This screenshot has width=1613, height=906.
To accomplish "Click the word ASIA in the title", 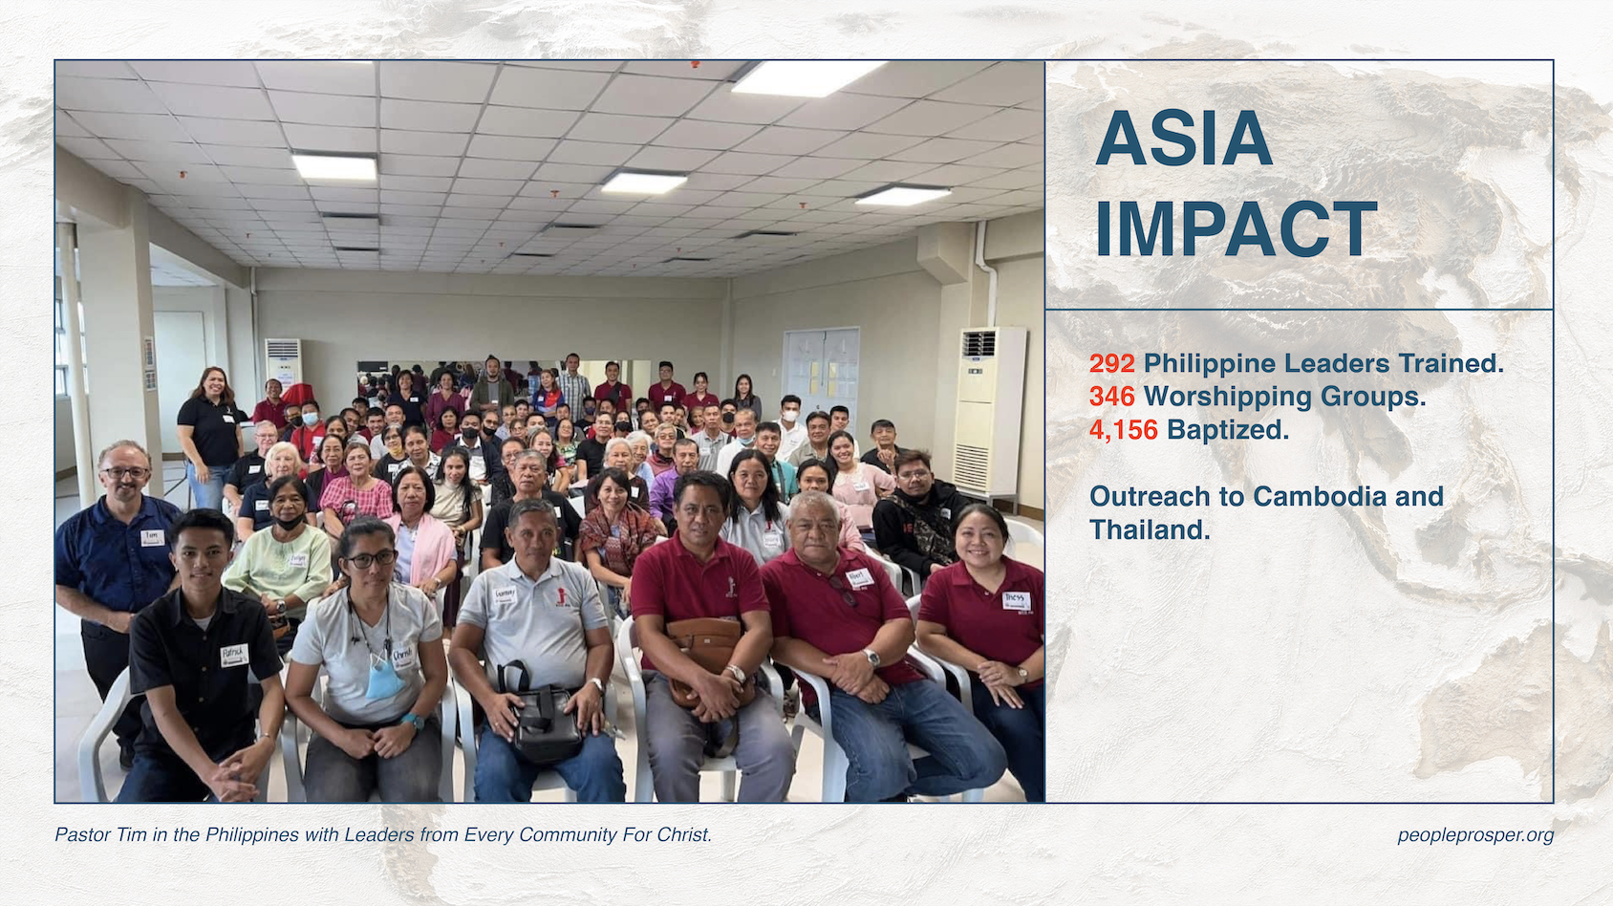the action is click(1183, 139).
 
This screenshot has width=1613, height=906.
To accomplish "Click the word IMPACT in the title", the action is click(1236, 228).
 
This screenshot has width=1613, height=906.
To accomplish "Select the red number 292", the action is click(1112, 364).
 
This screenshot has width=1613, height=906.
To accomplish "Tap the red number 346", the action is click(1112, 396).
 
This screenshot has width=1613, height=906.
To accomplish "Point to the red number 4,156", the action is click(1124, 430).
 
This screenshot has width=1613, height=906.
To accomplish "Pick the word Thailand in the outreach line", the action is click(1150, 530).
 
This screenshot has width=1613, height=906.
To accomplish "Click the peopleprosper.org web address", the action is click(1475, 835).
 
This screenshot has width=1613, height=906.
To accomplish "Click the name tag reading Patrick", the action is click(234, 655).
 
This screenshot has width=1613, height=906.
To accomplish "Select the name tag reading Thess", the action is click(1016, 600).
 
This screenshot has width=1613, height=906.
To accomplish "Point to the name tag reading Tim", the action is click(152, 537).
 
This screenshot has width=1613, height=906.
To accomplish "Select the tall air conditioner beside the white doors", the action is click(990, 411).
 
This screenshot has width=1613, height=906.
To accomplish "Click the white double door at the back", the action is click(821, 374).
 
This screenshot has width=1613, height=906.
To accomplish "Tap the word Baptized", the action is click(1228, 430).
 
